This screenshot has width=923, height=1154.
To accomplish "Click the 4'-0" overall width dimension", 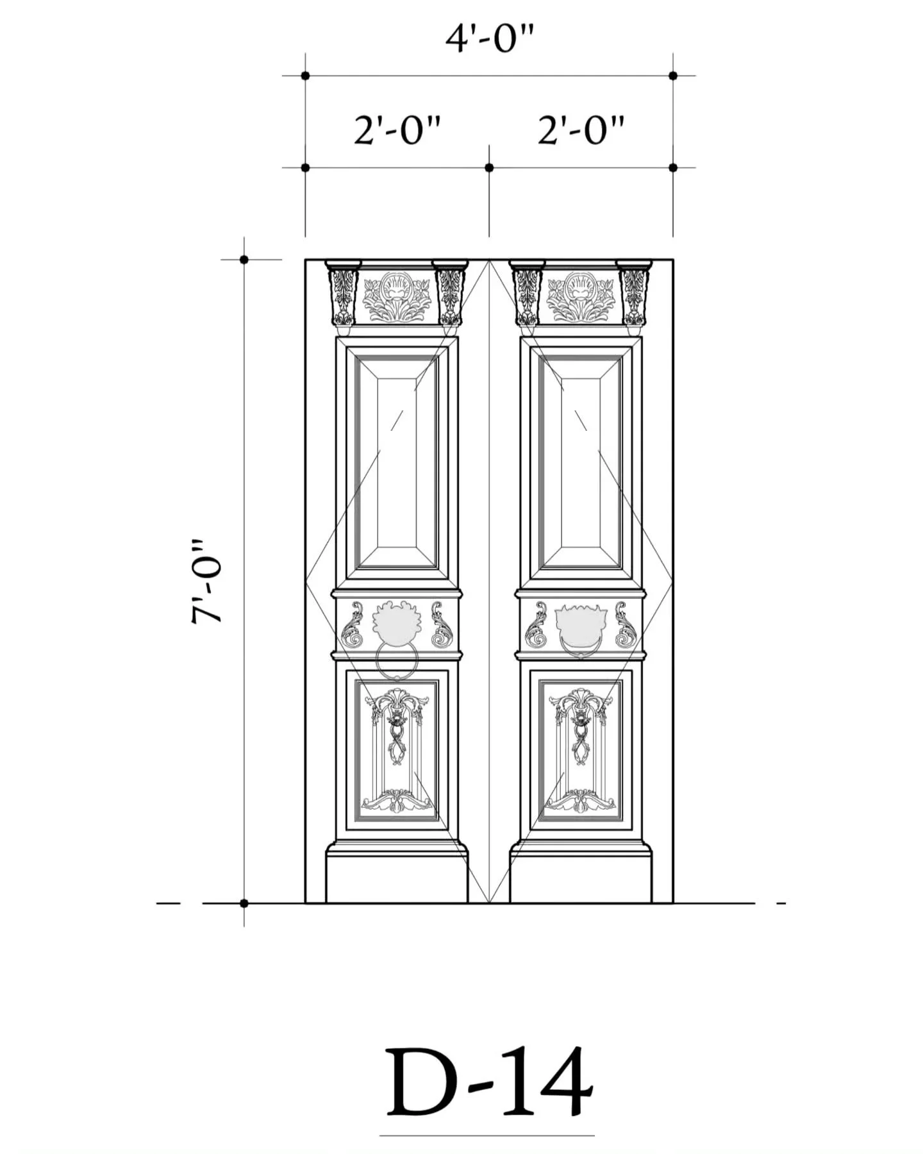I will pos(489,40).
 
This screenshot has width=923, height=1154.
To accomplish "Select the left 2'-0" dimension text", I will pos(397,131).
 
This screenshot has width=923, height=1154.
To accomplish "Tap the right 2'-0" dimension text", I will pos(581,131).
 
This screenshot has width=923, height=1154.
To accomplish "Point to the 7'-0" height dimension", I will pos(206,581).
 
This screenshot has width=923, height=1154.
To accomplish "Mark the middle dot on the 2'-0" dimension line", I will pos(489,168).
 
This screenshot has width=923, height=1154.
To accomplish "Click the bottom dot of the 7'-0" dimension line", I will pos(244,903).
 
